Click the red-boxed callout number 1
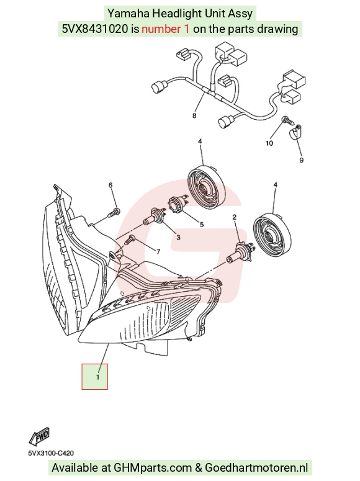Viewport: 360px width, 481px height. tap(97, 377)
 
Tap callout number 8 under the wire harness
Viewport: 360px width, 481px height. tap(194, 115)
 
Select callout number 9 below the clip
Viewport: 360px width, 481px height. tap(302, 160)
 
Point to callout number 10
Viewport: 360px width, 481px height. tap(269, 143)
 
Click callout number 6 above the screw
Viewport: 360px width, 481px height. tap(110, 185)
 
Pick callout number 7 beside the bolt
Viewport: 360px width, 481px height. tap(158, 252)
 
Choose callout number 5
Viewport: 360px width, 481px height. tap(202, 225)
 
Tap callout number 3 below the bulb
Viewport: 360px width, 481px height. tap(178, 238)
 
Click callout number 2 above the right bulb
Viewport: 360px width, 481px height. tap(235, 217)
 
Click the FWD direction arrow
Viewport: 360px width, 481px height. tap(39, 436)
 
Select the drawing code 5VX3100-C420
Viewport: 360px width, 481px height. tap(51, 453)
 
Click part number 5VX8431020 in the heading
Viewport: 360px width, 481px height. tap(94, 29)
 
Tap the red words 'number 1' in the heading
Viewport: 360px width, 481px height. tap(166, 29)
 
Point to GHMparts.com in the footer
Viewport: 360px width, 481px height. tap(153, 468)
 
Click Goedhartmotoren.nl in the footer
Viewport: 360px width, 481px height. tap(256, 468)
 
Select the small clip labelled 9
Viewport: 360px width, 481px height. tap(296, 132)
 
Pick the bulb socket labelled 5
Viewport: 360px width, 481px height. tap(177, 205)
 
